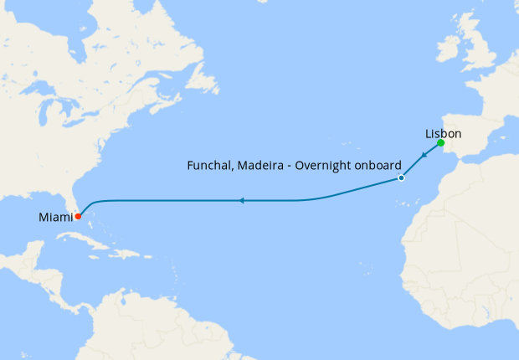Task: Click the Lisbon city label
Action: click(443, 134)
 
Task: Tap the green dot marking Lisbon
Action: click(441, 143)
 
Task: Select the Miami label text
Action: click(55, 218)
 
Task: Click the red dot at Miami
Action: click(77, 216)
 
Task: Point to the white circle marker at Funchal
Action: click(401, 178)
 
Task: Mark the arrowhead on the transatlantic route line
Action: click(240, 201)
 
